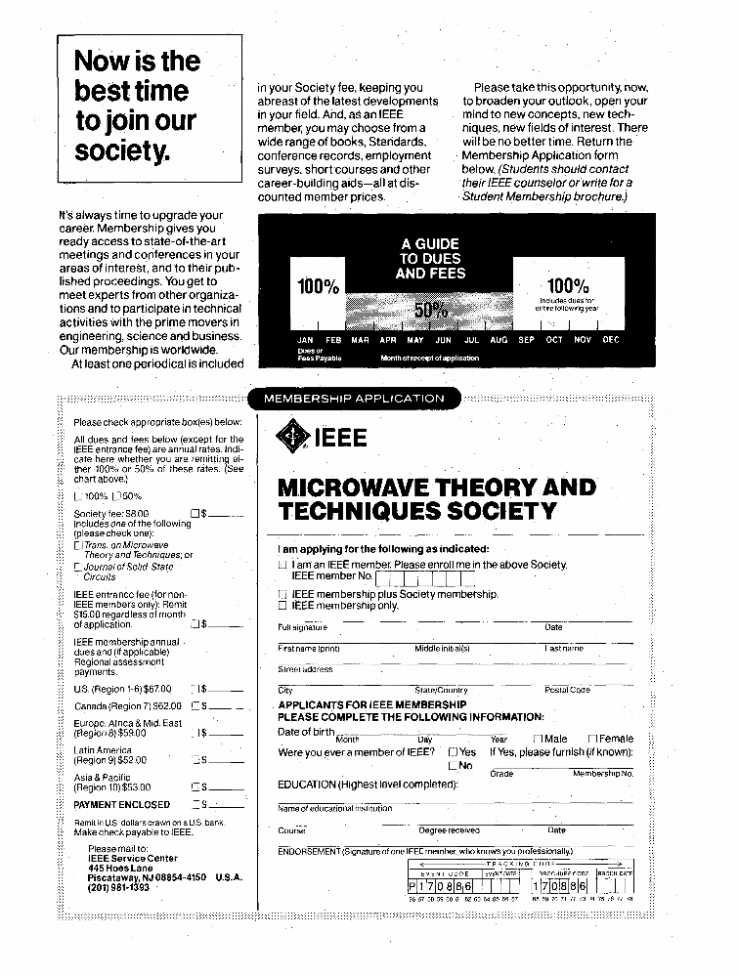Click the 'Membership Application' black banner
click(x=354, y=398)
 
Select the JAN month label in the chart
click(x=305, y=340)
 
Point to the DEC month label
click(x=611, y=340)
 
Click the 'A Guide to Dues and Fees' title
click(x=430, y=259)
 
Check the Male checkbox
click(x=539, y=740)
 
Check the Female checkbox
click(x=592, y=740)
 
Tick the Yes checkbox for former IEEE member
click(x=454, y=752)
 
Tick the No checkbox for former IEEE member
click(x=454, y=766)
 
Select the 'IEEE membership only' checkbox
click(x=282, y=606)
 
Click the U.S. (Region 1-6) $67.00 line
click(x=123, y=689)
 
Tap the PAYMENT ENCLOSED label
click(x=121, y=805)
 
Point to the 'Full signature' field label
click(x=303, y=627)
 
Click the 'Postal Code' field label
click(x=567, y=690)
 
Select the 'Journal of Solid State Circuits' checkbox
click(x=78, y=567)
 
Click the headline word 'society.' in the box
click(x=122, y=151)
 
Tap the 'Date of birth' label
click(x=306, y=732)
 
